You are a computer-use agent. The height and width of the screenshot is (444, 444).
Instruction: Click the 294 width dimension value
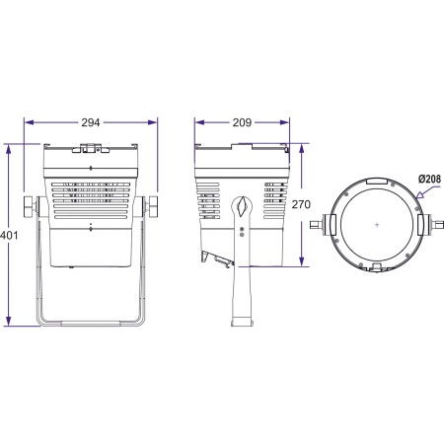pos(90,121)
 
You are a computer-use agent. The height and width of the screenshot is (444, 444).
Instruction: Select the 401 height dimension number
pos(10,236)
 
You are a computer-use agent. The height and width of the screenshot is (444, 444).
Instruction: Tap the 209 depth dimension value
pos(242,121)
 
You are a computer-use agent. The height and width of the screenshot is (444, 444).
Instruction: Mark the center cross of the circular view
pos(378,226)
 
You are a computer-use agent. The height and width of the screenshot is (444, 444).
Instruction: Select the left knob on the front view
pos(30,207)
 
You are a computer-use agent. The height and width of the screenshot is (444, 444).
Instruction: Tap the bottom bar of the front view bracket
pos(91,322)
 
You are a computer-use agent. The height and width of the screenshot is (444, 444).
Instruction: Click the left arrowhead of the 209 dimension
pos(197,121)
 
